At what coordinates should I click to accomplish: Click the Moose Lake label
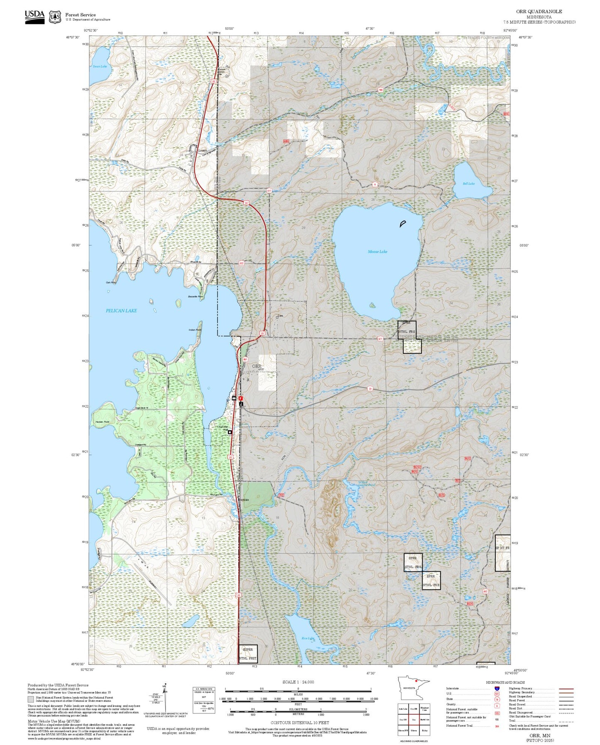click(377, 252)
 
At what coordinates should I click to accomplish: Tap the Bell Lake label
click(469, 183)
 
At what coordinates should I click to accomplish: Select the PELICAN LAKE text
click(121, 311)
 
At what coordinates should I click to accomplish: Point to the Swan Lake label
click(100, 66)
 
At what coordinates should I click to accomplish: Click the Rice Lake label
click(308, 638)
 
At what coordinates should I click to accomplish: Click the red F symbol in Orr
click(240, 398)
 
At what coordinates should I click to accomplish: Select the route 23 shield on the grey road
click(370, 389)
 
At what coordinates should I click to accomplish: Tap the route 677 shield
click(380, 339)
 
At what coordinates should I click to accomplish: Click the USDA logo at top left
click(34, 17)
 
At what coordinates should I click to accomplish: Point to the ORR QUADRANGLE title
click(539, 12)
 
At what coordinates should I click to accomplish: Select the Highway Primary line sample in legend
click(566, 689)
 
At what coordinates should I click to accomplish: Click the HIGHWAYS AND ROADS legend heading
click(505, 682)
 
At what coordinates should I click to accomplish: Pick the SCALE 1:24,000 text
click(298, 682)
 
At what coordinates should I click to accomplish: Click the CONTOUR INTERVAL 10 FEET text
click(298, 723)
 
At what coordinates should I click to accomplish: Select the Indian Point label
click(195, 330)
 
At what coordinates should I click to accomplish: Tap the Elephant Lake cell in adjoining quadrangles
click(425, 709)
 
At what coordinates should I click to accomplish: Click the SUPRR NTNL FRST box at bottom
click(248, 654)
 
